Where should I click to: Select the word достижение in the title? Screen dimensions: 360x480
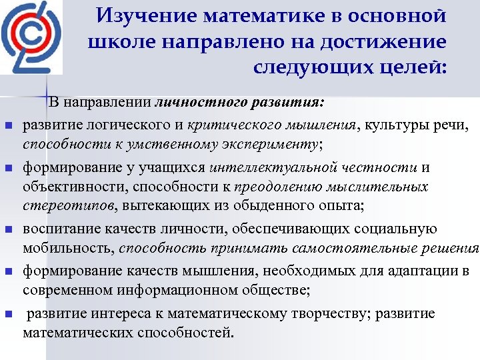[391, 41]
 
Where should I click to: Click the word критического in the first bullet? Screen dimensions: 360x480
[223, 125]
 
